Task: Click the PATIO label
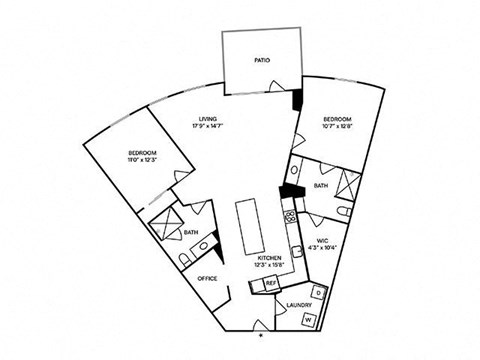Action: (x=261, y=61)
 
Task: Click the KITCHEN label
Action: (x=269, y=257)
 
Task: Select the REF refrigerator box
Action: (x=269, y=284)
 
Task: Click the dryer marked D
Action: (x=318, y=292)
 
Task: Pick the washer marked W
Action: (x=308, y=319)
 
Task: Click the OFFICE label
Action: (x=207, y=278)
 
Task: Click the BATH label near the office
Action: (x=190, y=234)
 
